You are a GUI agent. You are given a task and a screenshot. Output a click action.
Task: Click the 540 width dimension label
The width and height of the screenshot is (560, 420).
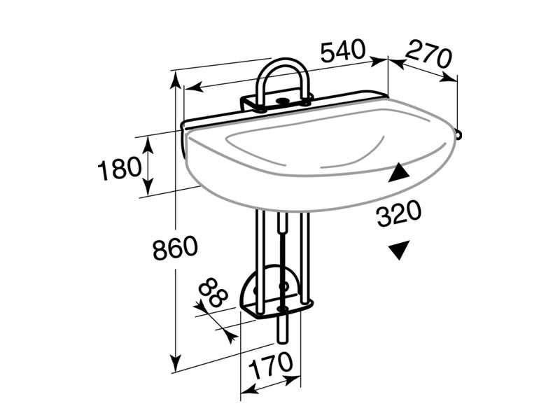[343, 50]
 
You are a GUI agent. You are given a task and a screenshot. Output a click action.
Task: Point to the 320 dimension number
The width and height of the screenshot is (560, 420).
[399, 213]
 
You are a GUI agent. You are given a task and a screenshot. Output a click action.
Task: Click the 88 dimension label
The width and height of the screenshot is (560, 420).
[213, 293]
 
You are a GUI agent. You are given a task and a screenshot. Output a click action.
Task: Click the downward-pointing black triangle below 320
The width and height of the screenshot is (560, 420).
[400, 249]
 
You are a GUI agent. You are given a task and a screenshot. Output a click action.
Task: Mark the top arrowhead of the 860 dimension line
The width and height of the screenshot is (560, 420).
[173, 76]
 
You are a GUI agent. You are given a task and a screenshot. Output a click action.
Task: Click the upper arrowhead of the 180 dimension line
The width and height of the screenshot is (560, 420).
[148, 141]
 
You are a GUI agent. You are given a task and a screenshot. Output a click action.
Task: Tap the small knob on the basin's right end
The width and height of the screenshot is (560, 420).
[458, 133]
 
